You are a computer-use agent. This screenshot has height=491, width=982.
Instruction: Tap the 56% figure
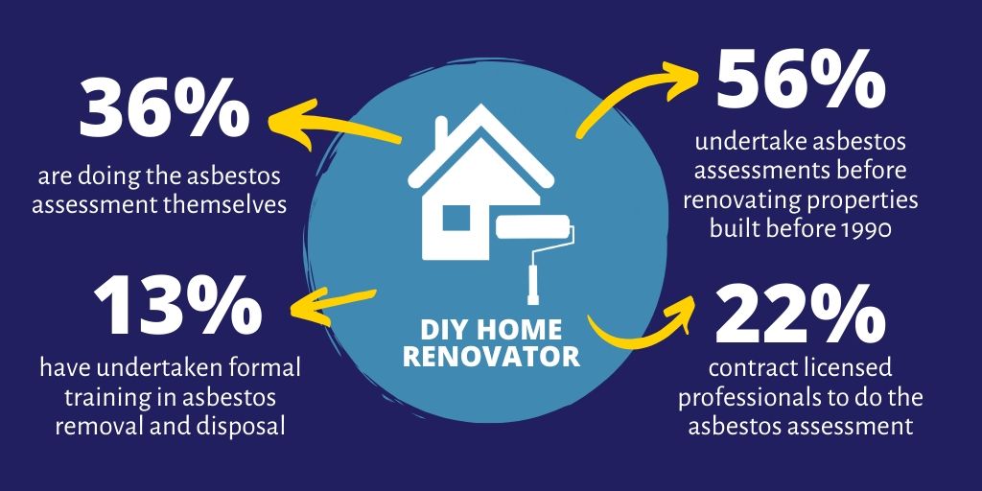801,81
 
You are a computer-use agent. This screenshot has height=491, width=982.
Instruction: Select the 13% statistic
177,307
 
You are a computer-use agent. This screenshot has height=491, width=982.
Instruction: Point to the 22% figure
801,314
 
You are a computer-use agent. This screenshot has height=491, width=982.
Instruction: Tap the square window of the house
456,219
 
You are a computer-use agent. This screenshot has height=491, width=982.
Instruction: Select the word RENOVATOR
491,356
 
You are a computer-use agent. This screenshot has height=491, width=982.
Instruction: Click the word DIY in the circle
441,329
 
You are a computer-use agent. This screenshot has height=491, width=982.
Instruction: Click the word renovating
743,201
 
